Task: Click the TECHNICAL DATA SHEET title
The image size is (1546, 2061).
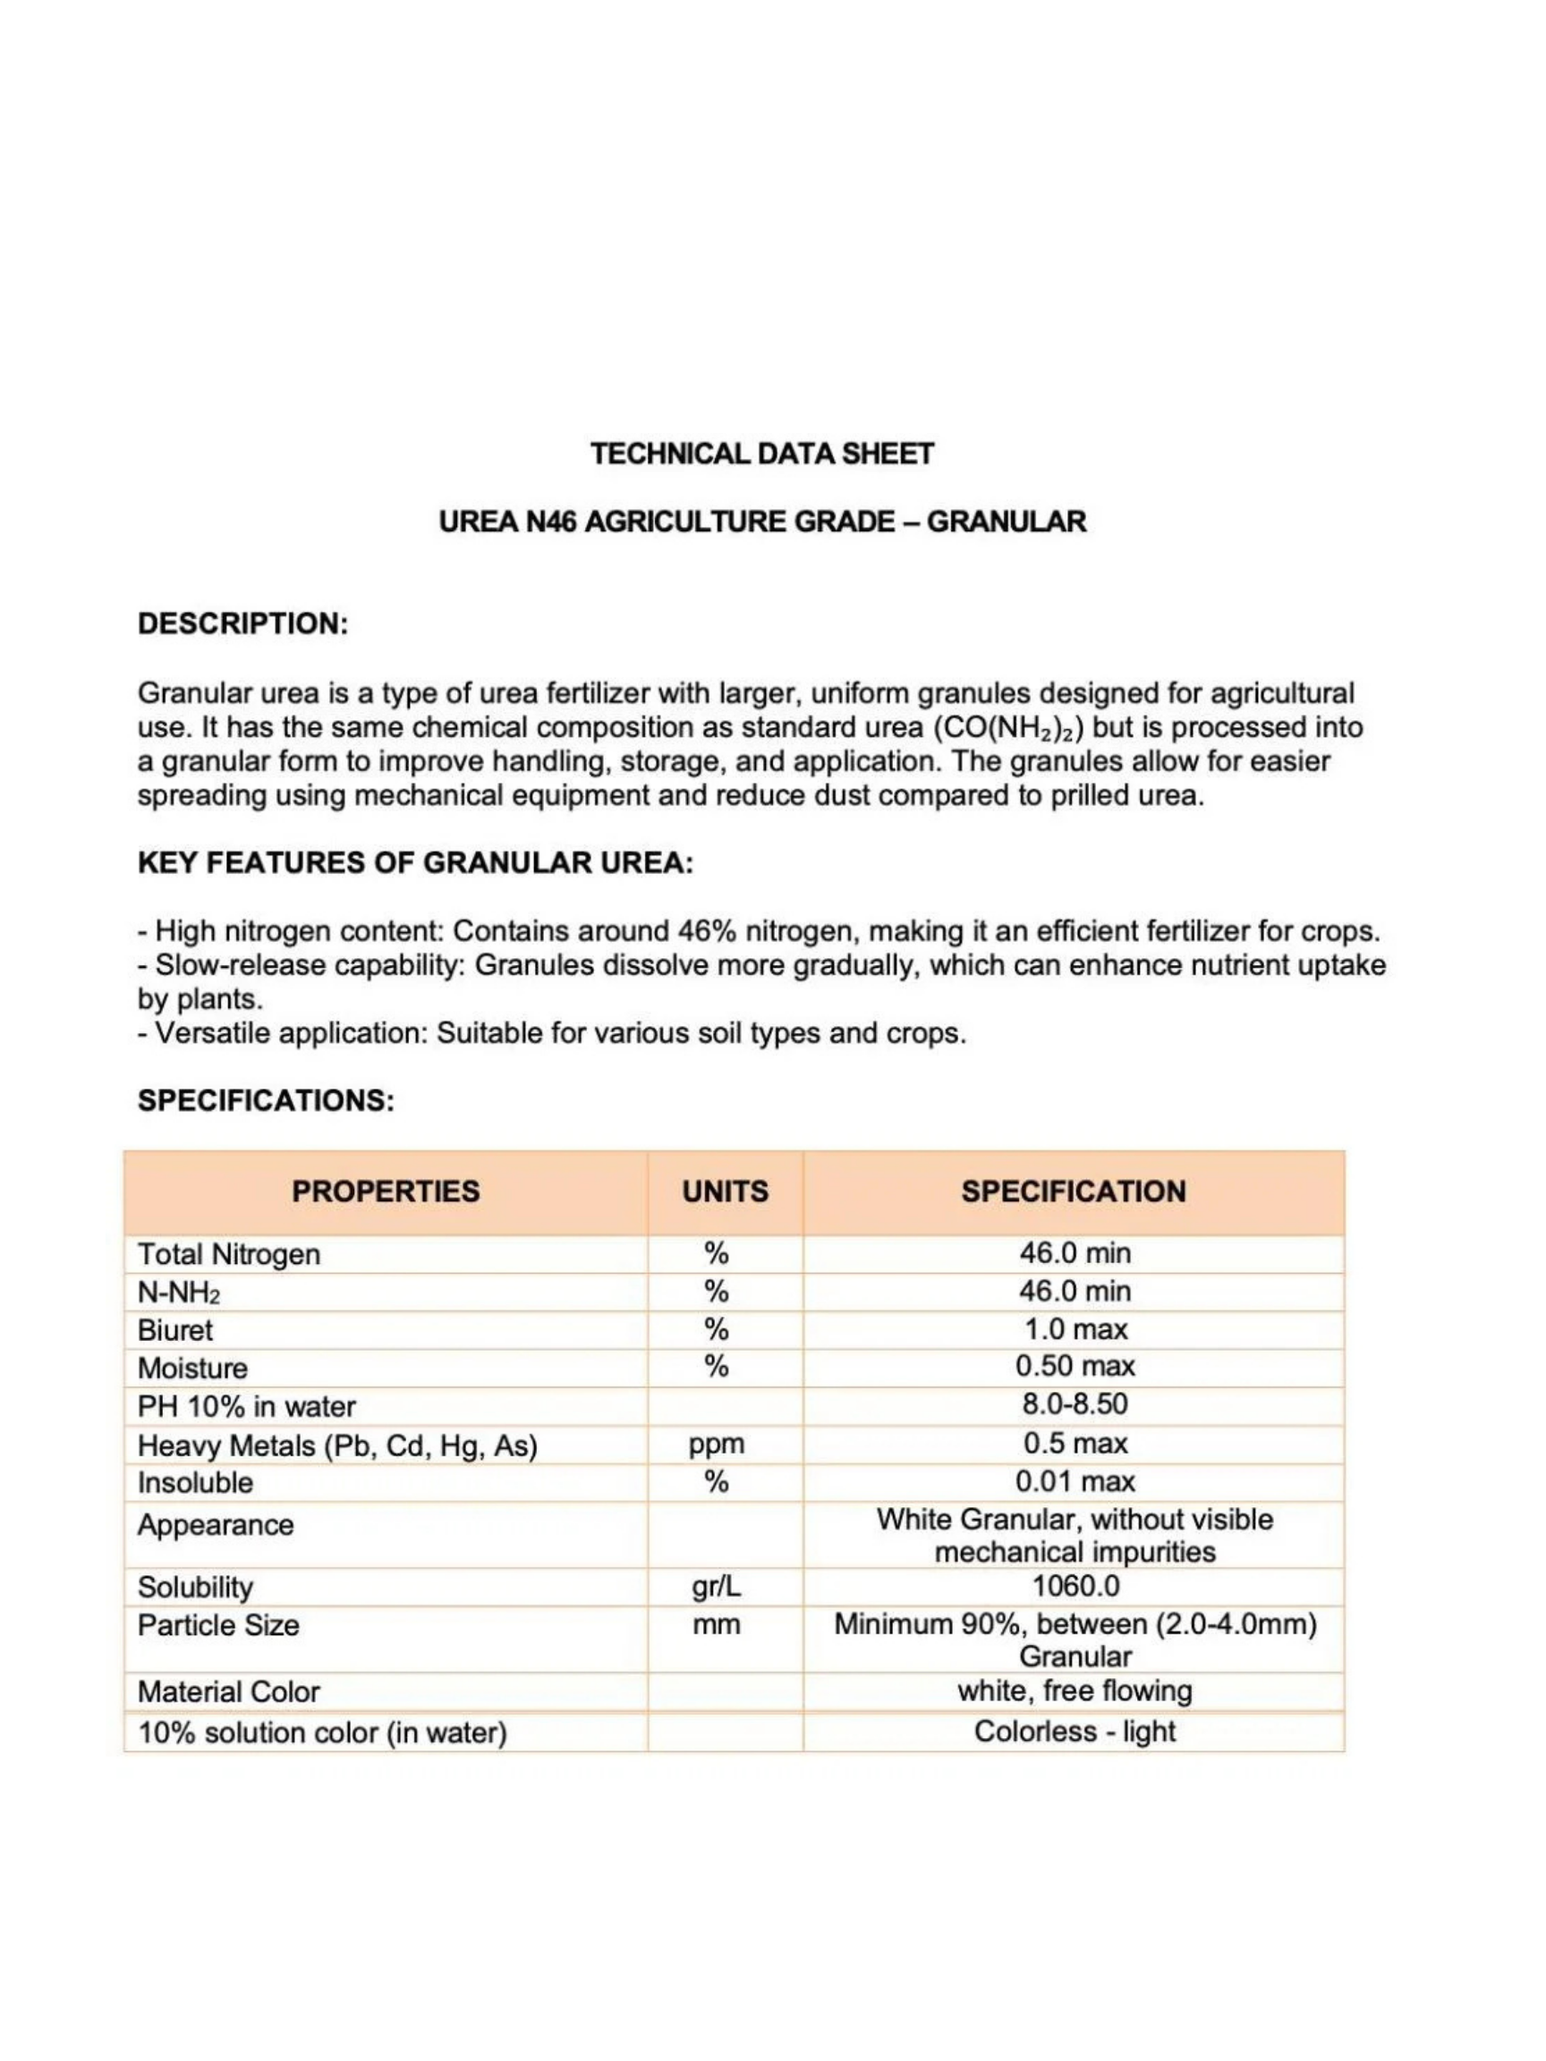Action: click(x=762, y=454)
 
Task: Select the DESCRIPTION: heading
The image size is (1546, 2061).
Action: click(x=242, y=623)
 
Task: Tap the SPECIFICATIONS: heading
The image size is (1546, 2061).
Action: click(x=266, y=1100)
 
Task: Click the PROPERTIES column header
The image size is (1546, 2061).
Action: click(x=386, y=1191)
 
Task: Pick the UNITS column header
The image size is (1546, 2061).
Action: click(x=725, y=1191)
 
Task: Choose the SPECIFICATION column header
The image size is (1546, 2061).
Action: click(x=1074, y=1191)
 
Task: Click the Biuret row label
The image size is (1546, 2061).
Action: click(x=175, y=1329)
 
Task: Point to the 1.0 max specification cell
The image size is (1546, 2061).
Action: click(x=1075, y=1328)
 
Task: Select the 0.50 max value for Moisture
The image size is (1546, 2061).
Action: click(x=1075, y=1366)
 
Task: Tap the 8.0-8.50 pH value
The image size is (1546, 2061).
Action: click(x=1075, y=1404)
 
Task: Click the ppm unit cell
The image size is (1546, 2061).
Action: click(x=717, y=1444)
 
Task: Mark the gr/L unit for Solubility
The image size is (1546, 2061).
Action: click(x=717, y=1587)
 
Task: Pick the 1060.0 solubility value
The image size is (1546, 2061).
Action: click(x=1075, y=1586)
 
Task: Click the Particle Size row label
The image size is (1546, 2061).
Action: click(x=219, y=1625)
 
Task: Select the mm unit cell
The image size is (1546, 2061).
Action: click(x=717, y=1625)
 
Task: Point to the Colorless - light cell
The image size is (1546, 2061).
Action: click(x=1075, y=1731)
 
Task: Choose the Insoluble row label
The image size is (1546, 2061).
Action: click(x=196, y=1482)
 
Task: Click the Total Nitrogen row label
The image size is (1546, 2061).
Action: click(x=229, y=1254)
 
